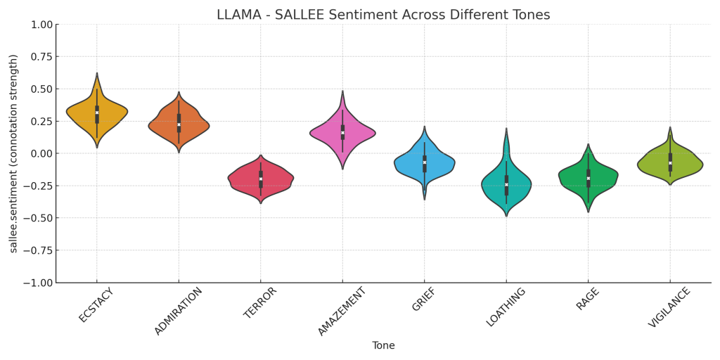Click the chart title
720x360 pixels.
click(383, 15)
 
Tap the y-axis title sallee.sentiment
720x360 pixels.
click(13, 153)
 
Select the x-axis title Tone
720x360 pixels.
click(383, 345)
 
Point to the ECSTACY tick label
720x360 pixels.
click(96, 305)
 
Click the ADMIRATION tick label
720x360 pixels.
click(178, 311)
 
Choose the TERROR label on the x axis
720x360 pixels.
click(261, 303)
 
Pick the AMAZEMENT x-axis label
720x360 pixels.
click(342, 311)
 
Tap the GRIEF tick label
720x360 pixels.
click(425, 300)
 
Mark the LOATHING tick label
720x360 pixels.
click(506, 307)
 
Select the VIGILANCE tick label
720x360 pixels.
click(670, 308)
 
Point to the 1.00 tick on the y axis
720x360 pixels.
click(41, 25)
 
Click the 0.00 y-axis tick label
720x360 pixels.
click(41, 153)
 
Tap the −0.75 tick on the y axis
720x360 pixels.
click(39, 250)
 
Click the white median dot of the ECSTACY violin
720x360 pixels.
click(97, 112)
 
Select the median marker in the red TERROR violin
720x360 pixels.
click(261, 179)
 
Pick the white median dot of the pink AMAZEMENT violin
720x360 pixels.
click(342, 133)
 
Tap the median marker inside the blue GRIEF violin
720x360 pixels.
click(425, 162)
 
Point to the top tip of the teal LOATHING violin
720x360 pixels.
click(506, 129)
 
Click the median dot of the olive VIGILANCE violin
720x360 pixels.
click(670, 163)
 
